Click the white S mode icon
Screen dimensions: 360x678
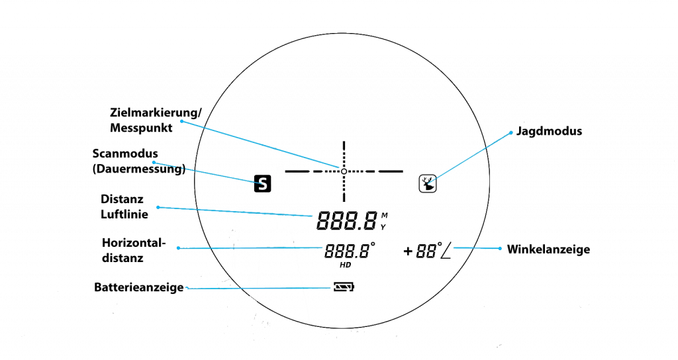coord(263,183)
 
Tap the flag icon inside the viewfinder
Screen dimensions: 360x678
coord(428,183)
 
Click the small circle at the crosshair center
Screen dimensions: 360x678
coord(344,171)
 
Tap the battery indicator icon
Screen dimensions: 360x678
coord(344,287)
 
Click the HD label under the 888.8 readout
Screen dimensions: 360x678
coord(344,265)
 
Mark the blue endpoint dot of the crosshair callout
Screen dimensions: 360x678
coord(181,121)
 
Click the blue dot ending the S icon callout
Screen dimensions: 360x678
coord(154,162)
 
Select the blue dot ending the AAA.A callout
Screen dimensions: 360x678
coord(158,207)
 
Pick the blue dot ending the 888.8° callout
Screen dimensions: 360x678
coord(178,248)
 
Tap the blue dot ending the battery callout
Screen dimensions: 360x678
coord(187,288)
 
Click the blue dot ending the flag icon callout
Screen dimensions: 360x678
coord(511,132)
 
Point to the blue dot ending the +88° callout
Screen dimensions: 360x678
coord(500,249)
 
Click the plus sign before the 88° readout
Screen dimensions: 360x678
coord(408,251)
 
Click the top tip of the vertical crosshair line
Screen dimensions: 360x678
coord(344,141)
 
